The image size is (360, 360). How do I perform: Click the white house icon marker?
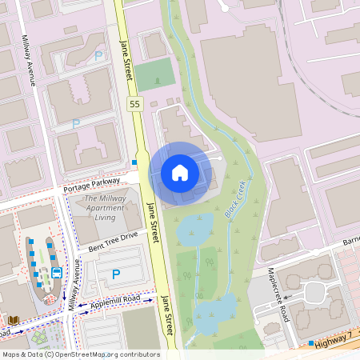click(180, 172)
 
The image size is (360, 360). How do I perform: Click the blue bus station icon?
click(57, 272)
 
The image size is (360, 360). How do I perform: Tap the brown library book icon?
click(14, 320)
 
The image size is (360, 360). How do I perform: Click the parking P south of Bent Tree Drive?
click(116, 274)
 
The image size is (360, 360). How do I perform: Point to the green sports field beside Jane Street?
click(154, 74)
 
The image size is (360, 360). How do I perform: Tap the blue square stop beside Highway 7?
click(310, 343)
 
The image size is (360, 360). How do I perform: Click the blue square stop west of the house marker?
click(135, 162)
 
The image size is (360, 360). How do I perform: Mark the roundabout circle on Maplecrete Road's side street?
click(315, 292)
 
